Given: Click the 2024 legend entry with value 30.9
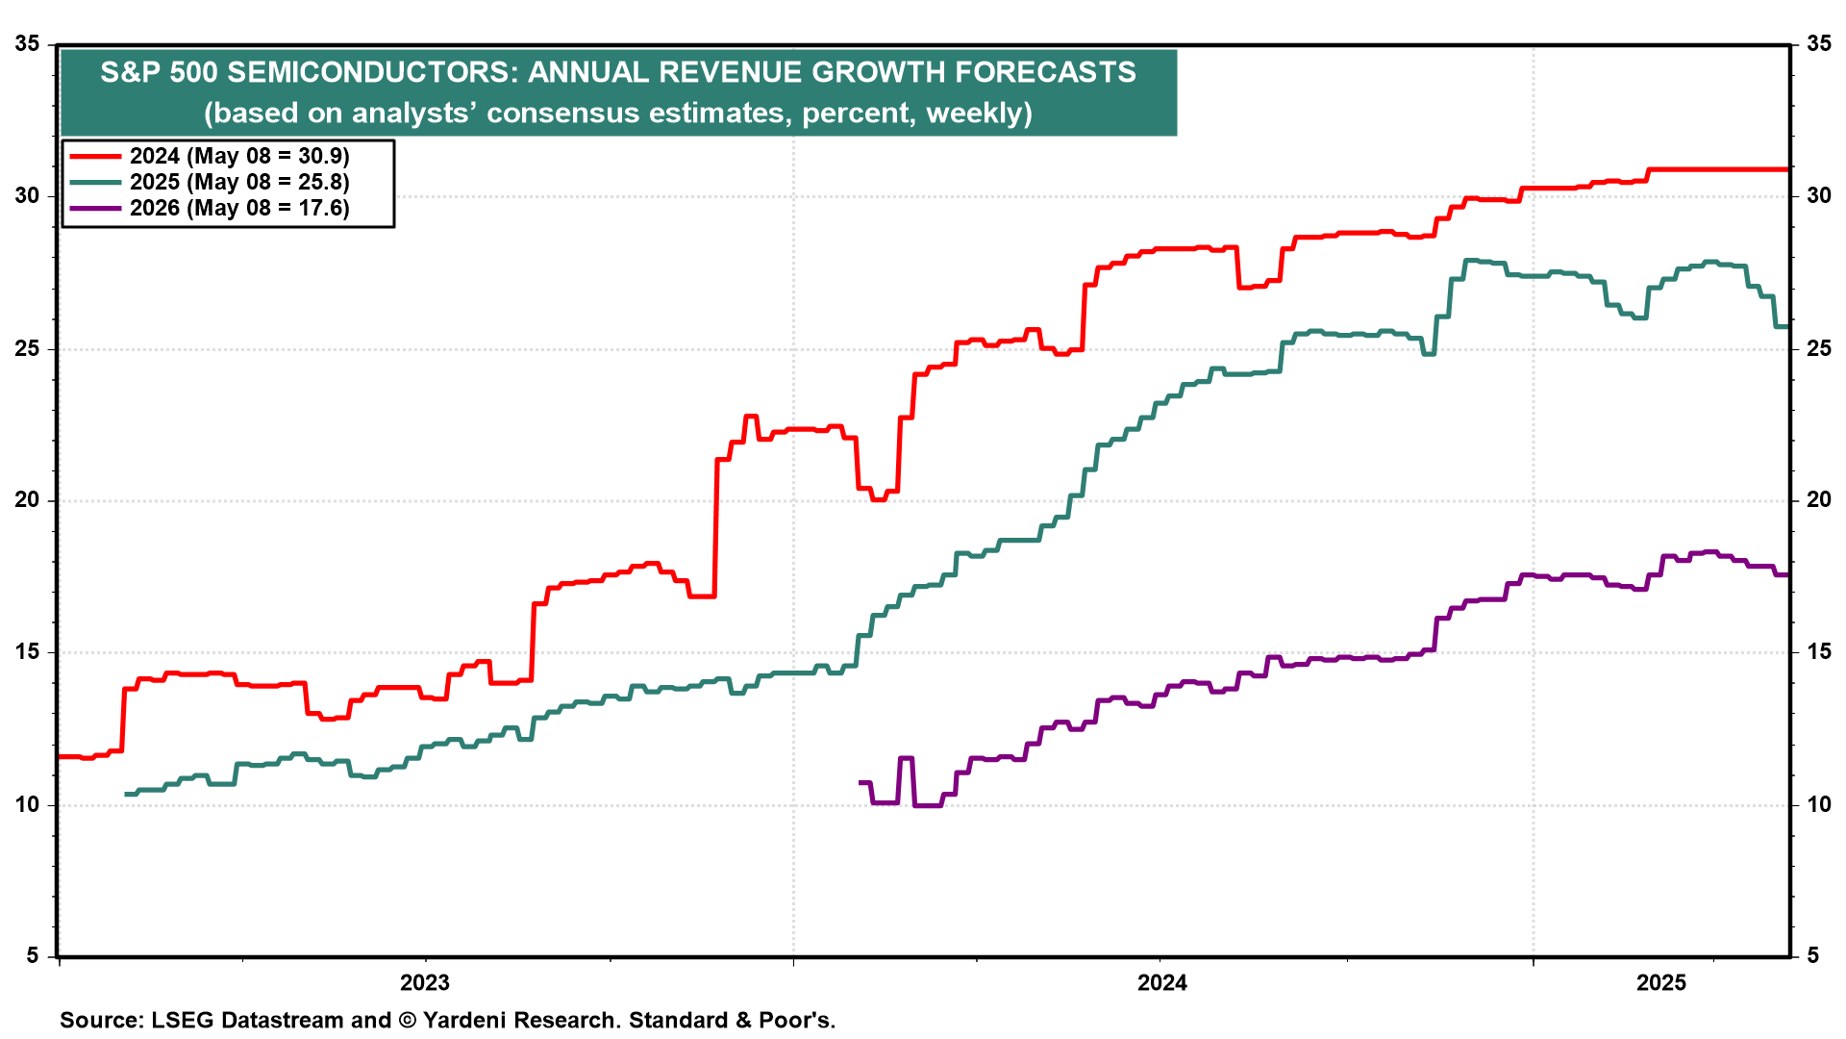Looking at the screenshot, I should click(x=239, y=156).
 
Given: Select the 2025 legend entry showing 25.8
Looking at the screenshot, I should click(x=239, y=182).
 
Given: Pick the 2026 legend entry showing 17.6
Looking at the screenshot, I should click(x=239, y=208).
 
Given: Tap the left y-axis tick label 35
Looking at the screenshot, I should click(x=28, y=43).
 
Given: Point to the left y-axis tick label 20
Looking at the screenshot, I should click(x=28, y=500).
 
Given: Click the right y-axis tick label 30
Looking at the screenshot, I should click(x=1819, y=196).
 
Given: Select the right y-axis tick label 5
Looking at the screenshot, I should click(x=1812, y=955).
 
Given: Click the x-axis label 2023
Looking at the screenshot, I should click(x=424, y=982).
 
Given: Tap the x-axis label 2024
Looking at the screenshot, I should click(x=1161, y=982).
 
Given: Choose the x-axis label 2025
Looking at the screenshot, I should click(x=1661, y=982).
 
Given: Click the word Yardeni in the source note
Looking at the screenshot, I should click(x=466, y=1020).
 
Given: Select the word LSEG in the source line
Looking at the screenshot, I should click(x=183, y=1020).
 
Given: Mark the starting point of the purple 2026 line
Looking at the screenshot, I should click(x=860, y=783).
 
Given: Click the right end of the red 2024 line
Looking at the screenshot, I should click(x=1786, y=170).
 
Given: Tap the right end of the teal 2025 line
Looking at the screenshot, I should click(x=1786, y=327).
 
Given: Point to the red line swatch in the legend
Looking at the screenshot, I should click(x=95, y=156).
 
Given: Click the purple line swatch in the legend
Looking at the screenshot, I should click(x=95, y=208).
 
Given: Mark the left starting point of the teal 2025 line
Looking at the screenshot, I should click(x=127, y=794).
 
